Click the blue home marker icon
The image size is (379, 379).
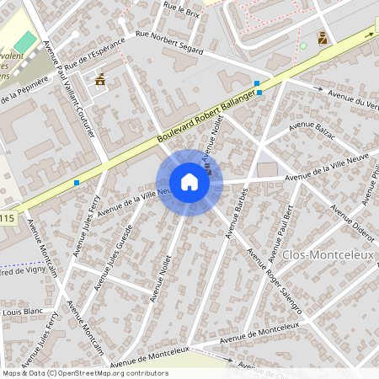click(189, 182)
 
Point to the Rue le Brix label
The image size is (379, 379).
click(183, 10)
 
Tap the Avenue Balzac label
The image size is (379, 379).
click(312, 129)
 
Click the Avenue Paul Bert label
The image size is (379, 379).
click(281, 232)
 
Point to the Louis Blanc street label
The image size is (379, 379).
click(23, 311)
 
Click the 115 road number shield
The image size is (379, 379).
click(8, 219)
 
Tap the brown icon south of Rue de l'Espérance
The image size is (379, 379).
click(101, 80)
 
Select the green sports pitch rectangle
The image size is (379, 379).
click(26, 40)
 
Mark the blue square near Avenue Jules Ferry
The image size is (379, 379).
click(77, 182)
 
